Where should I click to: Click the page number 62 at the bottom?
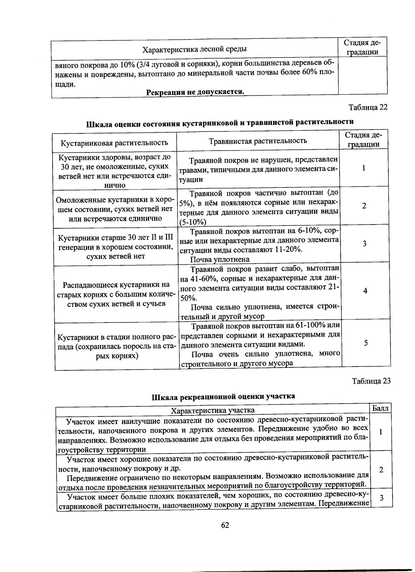[225, 525]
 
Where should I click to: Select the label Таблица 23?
[371, 381]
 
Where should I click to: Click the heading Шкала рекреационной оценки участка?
[223, 396]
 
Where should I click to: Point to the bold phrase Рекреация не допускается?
[195, 92]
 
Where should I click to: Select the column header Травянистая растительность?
[258, 140]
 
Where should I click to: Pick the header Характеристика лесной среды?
[195, 49]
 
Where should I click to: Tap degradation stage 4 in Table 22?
[365, 291]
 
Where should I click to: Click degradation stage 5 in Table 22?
[366, 343]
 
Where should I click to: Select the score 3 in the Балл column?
[381, 498]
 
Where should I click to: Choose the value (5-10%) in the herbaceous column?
[193, 222]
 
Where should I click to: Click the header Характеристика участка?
[213, 410]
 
